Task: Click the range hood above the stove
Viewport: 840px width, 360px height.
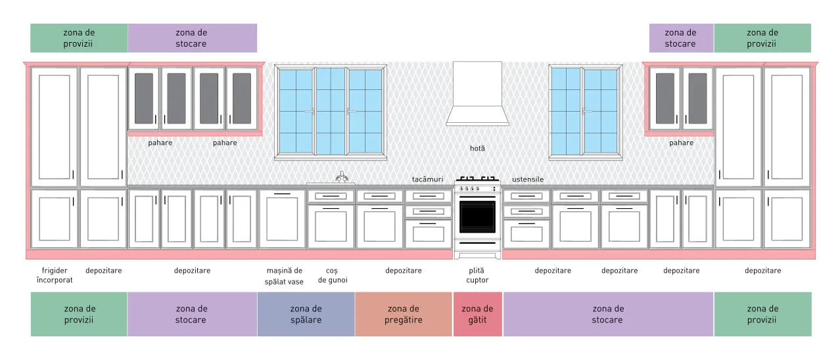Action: pos(477,94)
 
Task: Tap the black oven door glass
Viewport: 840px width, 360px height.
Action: pos(477,217)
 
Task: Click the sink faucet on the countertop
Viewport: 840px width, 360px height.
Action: pos(341,177)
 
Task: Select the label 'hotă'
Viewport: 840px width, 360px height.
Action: pos(477,148)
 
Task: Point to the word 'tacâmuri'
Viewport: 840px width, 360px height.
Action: pos(427,179)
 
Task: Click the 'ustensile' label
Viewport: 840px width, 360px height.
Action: pos(528,179)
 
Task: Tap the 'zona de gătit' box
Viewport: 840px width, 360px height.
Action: pos(477,314)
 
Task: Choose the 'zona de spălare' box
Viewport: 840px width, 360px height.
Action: pos(306,314)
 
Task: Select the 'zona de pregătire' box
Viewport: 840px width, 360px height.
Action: pos(404,314)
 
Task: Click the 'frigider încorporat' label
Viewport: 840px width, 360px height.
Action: pos(55,275)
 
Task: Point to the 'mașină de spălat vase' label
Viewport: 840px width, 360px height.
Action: pos(284,276)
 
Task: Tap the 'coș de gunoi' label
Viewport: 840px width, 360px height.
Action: pos(333,275)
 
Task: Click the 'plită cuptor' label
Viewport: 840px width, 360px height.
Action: pos(477,275)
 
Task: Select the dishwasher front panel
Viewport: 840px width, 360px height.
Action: pos(283,219)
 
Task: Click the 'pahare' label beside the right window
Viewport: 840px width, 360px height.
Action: pos(681,143)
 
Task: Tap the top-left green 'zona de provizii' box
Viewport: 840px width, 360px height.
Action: pos(79,38)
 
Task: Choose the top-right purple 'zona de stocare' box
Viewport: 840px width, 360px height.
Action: pos(681,38)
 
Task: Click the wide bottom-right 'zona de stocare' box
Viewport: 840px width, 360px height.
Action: pos(608,314)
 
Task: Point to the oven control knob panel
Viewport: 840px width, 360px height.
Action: pos(477,189)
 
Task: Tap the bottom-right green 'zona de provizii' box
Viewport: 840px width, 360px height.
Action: pos(762,314)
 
